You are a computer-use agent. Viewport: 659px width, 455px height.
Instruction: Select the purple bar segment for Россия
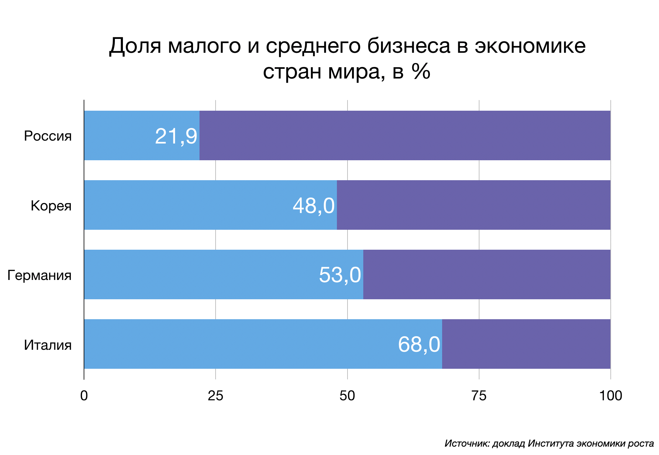coord(405,135)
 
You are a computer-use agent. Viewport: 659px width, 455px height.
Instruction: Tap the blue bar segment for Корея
coord(187,205)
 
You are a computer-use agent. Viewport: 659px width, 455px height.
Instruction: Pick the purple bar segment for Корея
coord(473,205)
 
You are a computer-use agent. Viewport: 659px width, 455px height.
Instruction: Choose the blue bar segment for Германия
coord(200,274)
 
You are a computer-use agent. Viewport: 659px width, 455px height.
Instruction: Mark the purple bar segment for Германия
coord(487,274)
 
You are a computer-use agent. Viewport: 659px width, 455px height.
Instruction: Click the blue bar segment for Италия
coord(238,344)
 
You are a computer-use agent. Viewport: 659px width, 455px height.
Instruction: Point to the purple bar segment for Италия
coord(526,344)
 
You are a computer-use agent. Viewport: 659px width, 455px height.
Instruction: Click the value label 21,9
coord(176,136)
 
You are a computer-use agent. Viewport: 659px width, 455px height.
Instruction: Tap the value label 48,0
coord(313,206)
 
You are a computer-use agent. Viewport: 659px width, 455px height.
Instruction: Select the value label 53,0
coord(340,275)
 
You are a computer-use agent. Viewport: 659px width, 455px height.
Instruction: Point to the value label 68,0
coord(419,345)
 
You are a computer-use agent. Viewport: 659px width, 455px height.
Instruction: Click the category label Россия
coord(48,136)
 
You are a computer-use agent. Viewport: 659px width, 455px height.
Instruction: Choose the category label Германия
coord(39,275)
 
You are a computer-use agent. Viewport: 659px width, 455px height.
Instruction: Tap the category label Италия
coord(48,345)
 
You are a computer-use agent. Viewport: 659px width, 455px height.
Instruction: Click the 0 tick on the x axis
coord(84,395)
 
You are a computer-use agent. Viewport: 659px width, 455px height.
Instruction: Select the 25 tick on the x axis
coord(215,395)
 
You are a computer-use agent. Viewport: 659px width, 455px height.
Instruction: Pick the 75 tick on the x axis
coord(479,395)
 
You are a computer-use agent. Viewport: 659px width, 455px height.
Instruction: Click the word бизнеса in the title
coord(409,46)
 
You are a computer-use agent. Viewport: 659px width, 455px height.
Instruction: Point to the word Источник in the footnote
coord(467,443)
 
